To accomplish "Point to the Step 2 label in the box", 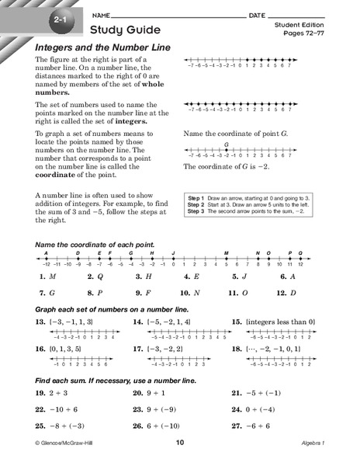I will (x=196, y=205).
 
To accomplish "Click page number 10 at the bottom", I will (x=179, y=455).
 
